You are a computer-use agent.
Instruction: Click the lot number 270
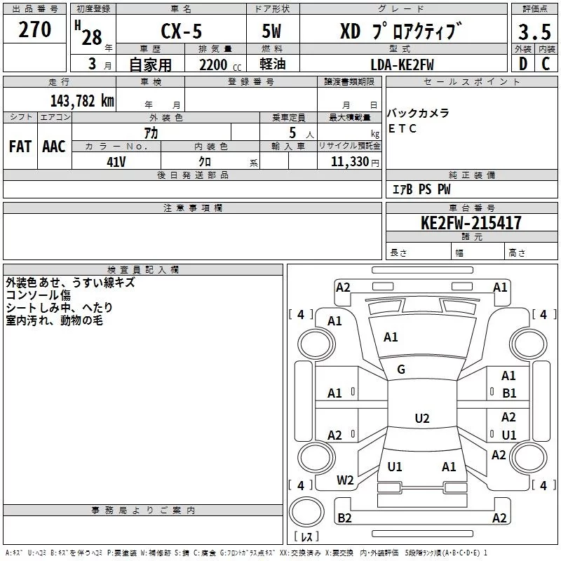[35, 29]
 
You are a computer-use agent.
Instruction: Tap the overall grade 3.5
[534, 32]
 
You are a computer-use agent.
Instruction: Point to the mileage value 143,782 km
[81, 100]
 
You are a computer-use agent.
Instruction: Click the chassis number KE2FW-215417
[471, 223]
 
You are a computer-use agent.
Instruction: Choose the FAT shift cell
[20, 146]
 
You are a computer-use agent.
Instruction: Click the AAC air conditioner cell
[54, 146]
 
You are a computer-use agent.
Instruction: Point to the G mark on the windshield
[401, 370]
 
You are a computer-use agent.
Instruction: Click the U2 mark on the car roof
[421, 419]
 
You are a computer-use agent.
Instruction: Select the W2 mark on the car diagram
[345, 480]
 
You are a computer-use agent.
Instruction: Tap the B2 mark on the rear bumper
[344, 518]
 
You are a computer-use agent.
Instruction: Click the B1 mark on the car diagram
[509, 393]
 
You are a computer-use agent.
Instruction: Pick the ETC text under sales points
[403, 128]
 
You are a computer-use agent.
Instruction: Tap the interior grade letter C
[546, 65]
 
